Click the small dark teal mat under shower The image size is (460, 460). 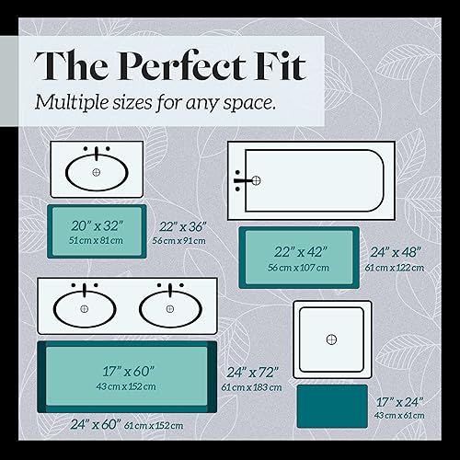click(x=332, y=406)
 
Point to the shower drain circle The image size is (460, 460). click(x=332, y=340)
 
